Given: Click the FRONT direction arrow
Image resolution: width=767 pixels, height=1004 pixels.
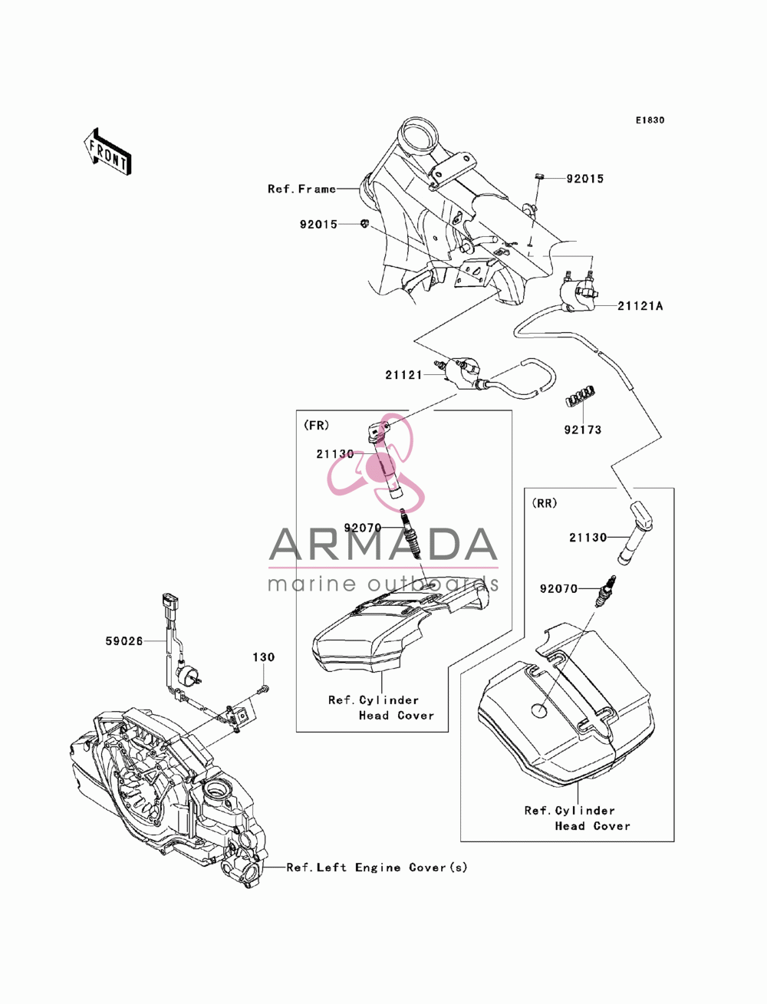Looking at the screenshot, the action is [x=107, y=150].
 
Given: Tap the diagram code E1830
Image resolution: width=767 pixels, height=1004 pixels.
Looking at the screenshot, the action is [x=650, y=120].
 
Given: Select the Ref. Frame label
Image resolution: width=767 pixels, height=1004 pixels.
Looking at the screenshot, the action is [x=302, y=189].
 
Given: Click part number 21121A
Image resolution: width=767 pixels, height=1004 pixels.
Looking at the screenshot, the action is [x=640, y=306].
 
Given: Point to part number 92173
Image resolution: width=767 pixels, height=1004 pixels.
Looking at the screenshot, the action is [x=583, y=430].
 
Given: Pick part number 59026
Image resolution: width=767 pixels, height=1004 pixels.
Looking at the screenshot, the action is [x=124, y=641].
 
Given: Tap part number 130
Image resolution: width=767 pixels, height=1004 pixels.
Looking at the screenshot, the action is [x=264, y=657].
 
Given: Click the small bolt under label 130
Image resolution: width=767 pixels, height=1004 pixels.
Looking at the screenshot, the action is [x=264, y=689].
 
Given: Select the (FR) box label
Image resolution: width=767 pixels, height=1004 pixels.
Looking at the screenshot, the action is [x=317, y=426].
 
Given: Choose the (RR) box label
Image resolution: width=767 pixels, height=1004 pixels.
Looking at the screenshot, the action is [x=545, y=503].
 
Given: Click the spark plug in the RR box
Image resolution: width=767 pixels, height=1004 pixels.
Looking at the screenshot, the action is [x=607, y=591].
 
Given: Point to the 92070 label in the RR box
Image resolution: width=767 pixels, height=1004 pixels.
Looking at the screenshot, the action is [x=559, y=589].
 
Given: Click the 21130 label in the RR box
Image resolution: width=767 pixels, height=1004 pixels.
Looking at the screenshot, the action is [x=588, y=538].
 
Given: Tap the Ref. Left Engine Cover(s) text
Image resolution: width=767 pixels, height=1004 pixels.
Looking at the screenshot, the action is [x=377, y=867].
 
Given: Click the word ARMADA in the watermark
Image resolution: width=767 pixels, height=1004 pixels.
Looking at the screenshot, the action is [x=383, y=545].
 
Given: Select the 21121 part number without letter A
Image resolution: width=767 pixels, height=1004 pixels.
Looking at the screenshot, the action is [x=403, y=375].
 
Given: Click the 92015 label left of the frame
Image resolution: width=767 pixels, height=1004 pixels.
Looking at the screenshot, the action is [x=318, y=224].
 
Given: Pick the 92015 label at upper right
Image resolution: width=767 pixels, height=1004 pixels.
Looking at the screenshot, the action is [x=585, y=179].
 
